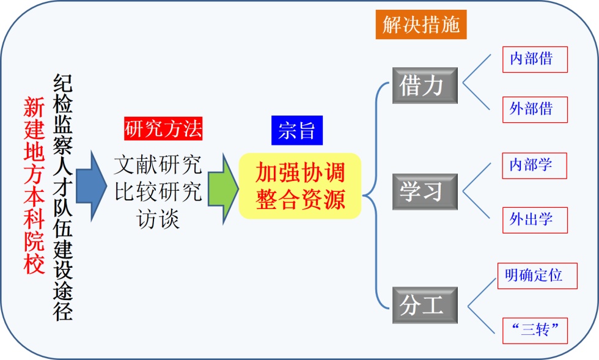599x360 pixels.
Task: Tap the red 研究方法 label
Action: tap(163, 128)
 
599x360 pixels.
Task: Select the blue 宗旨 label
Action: tap(296, 130)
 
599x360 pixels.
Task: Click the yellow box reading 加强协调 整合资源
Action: tap(300, 186)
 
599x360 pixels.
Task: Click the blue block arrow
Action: tap(91, 185)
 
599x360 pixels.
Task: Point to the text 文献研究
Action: tap(158, 164)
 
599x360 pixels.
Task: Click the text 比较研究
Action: tap(158, 192)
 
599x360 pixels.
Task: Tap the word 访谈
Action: tap(158, 219)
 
